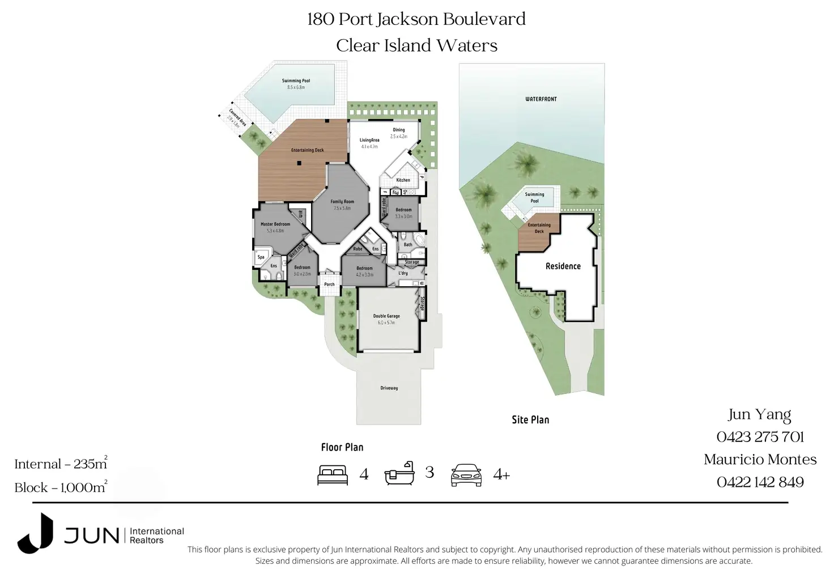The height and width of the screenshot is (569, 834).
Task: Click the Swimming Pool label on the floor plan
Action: (x=296, y=81)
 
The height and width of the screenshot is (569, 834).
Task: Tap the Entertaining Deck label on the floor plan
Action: (x=307, y=150)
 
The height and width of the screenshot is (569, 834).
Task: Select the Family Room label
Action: (x=342, y=202)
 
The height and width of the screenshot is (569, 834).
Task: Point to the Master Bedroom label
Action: (x=275, y=224)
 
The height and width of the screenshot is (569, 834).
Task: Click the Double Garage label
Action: (x=386, y=316)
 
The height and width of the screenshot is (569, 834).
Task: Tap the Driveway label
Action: (x=389, y=388)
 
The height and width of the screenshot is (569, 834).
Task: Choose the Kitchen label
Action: (x=403, y=180)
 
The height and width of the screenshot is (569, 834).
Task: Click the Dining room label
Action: (x=399, y=130)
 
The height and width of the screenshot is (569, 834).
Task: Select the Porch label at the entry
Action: (x=329, y=284)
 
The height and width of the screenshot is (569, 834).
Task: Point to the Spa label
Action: (x=261, y=257)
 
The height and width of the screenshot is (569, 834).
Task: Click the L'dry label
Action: (x=403, y=273)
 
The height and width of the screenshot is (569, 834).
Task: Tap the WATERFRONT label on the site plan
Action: (x=541, y=99)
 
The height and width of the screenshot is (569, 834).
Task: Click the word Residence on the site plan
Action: (x=563, y=266)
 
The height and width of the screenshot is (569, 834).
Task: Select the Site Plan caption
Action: (x=530, y=420)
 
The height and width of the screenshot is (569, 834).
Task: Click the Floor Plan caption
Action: (x=342, y=447)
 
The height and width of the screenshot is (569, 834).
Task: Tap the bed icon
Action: (x=333, y=474)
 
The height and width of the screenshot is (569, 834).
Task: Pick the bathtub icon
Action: (x=399, y=473)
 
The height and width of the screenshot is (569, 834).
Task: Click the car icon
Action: (x=466, y=475)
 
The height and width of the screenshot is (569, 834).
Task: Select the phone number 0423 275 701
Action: (x=760, y=437)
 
